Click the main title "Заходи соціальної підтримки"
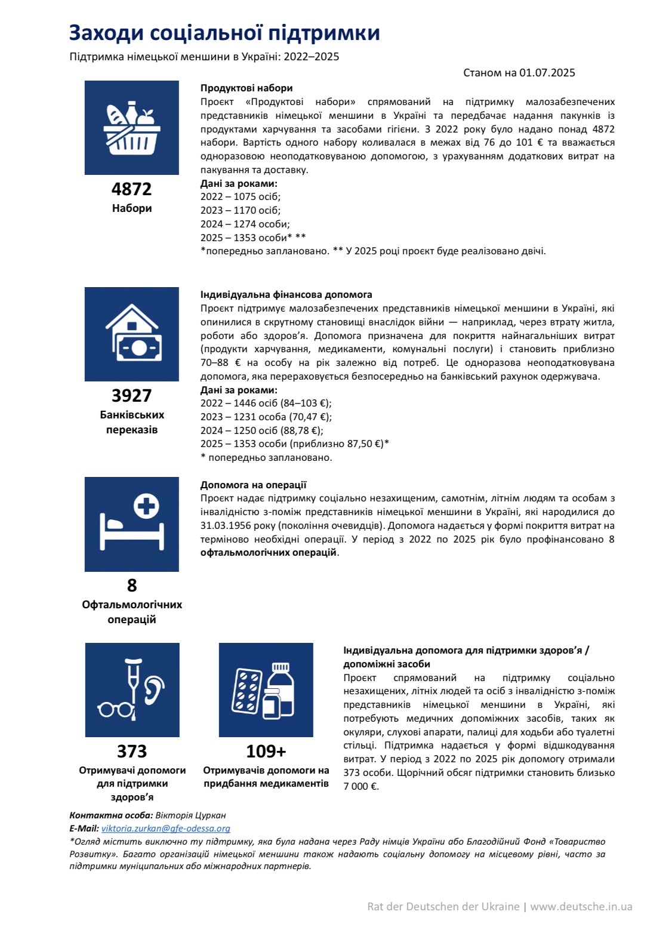224,32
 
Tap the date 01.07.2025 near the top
547,73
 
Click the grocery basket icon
132,128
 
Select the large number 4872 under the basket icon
132,189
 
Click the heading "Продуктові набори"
247,88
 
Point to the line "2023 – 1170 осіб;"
241,210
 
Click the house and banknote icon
132,334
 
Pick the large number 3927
132,396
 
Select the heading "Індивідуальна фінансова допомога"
286,295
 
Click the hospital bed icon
132,524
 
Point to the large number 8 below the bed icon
132,586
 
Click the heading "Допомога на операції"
253,485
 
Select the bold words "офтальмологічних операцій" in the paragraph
269,553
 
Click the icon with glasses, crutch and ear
132,690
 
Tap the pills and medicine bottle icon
266,690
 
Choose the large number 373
132,752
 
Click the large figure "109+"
266,752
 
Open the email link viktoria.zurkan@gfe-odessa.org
166,829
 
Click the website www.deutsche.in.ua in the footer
581,907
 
